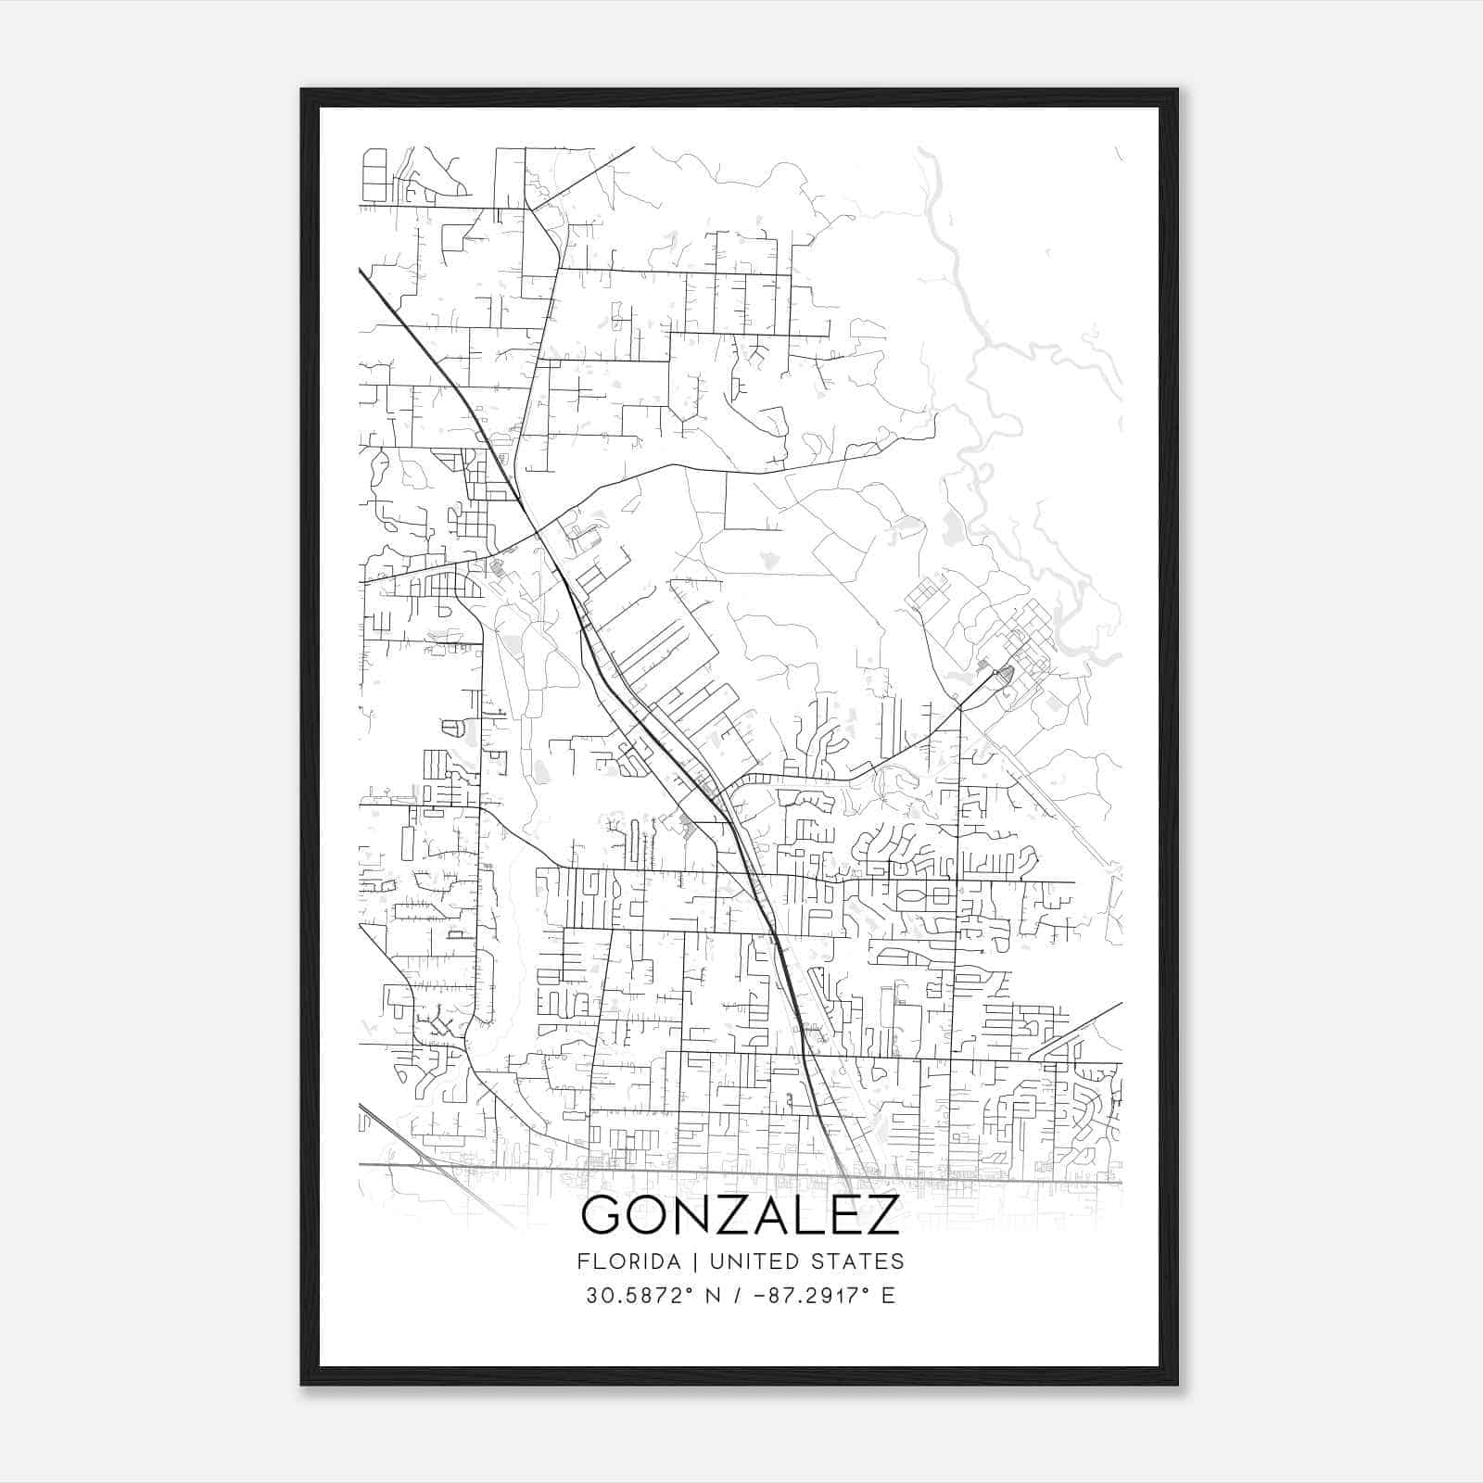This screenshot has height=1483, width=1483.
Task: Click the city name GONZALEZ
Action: pyautogui.click(x=740, y=1214)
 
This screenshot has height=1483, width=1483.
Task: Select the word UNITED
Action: pyautogui.click(x=742, y=1261)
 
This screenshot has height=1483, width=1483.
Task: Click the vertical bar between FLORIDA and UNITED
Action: pyautogui.click(x=683, y=1261)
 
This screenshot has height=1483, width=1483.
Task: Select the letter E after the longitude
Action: pyautogui.click(x=888, y=1296)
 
